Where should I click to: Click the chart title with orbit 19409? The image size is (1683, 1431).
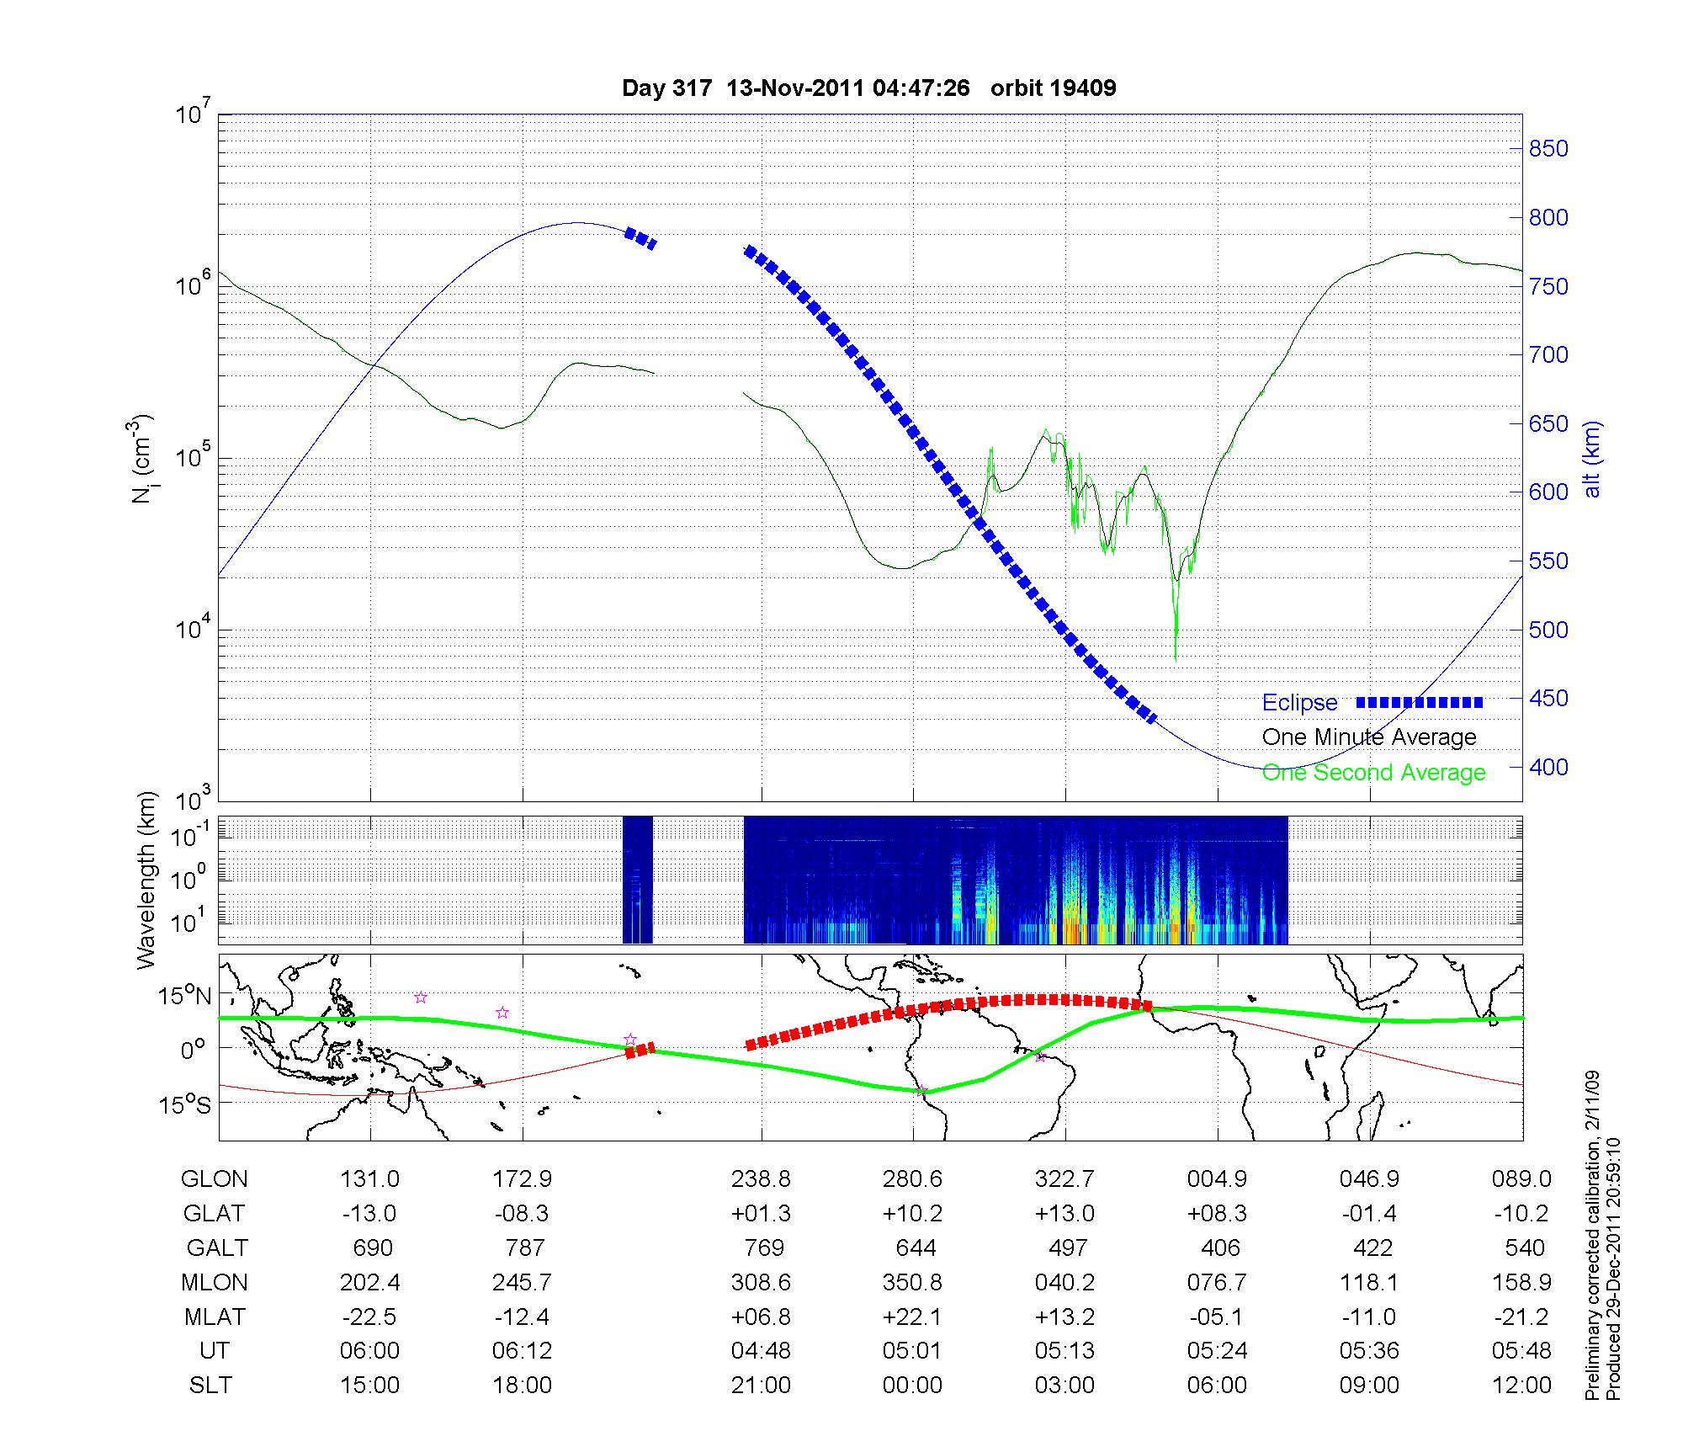point(868,88)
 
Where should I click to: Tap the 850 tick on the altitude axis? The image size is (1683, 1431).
point(1548,149)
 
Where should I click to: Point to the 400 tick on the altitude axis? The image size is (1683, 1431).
point(1548,767)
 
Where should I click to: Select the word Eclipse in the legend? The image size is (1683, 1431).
point(1299,703)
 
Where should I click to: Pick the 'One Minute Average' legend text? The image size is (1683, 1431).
point(1369,737)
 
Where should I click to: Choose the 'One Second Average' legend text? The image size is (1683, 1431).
point(1373,773)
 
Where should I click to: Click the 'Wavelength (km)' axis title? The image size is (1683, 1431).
point(147,880)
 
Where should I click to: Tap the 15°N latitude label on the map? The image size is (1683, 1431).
point(186,997)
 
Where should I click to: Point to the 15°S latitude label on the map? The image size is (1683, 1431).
point(186,1104)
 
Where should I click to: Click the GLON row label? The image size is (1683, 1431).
point(214,1179)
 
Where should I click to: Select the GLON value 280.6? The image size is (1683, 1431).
point(912,1179)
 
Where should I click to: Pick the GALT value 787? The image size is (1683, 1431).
point(523,1247)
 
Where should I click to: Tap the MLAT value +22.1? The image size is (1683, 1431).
point(912,1317)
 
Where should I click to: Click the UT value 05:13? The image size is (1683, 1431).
point(1064,1351)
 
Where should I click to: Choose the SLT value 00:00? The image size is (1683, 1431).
point(912,1386)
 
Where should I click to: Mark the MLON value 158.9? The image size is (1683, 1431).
point(1521,1282)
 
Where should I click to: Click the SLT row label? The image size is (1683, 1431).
point(210,1386)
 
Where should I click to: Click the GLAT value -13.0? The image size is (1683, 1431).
point(369,1214)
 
